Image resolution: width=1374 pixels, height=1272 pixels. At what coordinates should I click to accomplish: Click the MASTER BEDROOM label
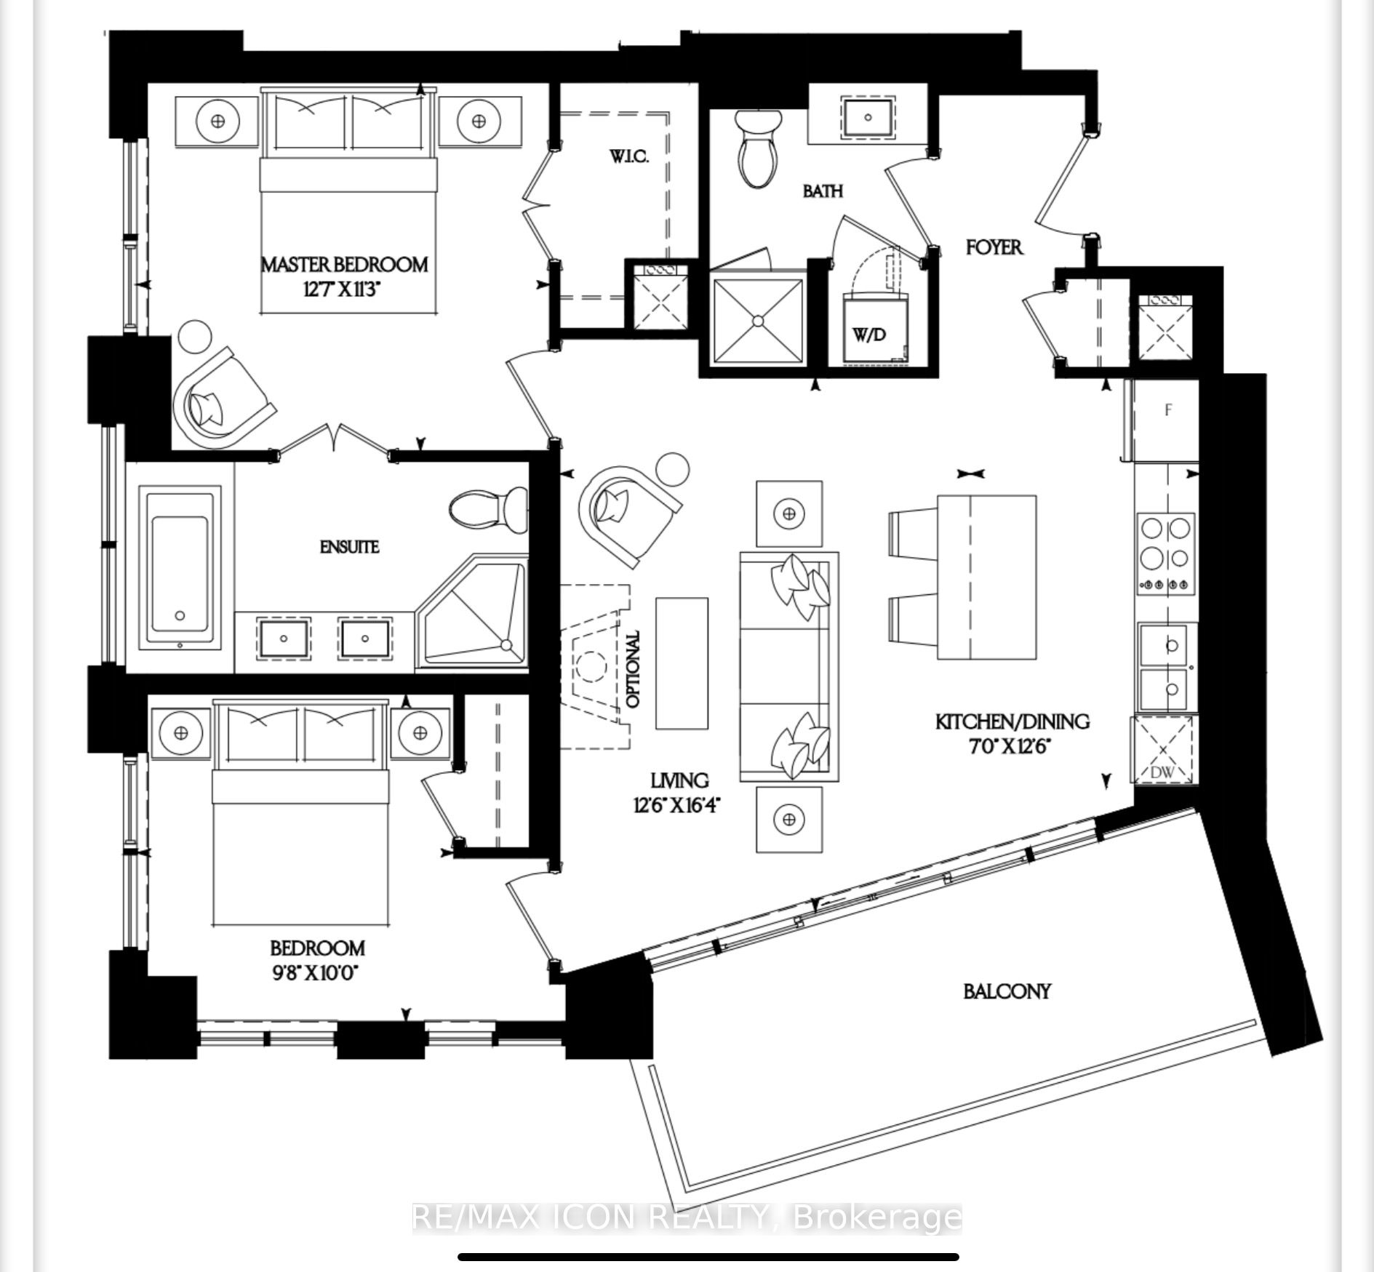(345, 264)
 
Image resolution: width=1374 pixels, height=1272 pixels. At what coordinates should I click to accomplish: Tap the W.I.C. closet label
(628, 156)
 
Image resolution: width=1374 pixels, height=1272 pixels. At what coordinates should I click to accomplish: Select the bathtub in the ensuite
(180, 568)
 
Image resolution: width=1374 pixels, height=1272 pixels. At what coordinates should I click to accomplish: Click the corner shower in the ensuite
(472, 612)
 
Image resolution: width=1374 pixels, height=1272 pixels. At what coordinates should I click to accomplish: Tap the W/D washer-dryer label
(869, 335)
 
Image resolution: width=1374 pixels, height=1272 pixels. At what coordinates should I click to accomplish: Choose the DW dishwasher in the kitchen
(1162, 751)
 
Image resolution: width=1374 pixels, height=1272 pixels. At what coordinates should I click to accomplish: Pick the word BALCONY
(1007, 991)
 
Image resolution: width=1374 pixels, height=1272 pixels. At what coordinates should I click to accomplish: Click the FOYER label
(994, 247)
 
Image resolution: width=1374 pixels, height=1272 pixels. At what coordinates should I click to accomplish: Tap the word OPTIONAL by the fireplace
(634, 669)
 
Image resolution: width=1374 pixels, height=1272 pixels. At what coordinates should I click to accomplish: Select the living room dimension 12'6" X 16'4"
(679, 806)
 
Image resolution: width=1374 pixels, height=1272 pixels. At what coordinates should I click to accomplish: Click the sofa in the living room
(789, 668)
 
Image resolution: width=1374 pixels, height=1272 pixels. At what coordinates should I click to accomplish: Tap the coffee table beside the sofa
(682, 663)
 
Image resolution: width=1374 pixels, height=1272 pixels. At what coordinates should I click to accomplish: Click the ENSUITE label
(349, 547)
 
